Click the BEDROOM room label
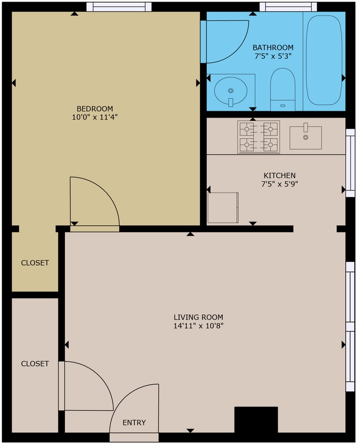95,109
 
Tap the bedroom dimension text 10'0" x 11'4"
95,118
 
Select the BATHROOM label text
273,47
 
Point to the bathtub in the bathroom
325,60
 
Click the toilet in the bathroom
283,90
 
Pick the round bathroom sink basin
230,89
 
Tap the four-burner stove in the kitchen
258,137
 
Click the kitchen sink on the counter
305,137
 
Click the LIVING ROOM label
198,317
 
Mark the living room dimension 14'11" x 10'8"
198,326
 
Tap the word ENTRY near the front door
134,423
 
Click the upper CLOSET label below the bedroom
35,263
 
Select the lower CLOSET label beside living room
35,364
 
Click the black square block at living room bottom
256,420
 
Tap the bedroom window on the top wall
119,7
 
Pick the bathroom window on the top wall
289,7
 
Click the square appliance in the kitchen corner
223,208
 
